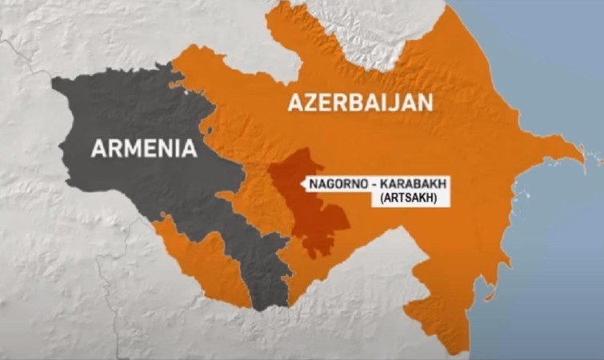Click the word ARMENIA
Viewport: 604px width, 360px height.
point(144,148)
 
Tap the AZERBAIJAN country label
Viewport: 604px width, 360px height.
point(360,102)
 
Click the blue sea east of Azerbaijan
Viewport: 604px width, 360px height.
point(552,264)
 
